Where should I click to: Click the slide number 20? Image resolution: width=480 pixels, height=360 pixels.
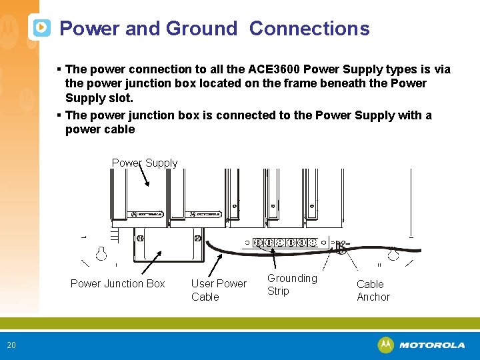point(11,345)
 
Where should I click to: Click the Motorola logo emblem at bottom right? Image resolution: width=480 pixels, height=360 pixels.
point(385,345)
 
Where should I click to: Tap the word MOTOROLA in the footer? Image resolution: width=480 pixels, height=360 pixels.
point(432,345)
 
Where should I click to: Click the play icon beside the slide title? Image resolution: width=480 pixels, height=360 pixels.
point(41,28)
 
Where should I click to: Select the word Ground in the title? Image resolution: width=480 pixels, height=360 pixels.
point(201,29)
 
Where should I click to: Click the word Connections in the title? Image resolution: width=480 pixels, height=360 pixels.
point(309,29)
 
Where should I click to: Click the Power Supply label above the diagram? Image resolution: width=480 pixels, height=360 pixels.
point(145,163)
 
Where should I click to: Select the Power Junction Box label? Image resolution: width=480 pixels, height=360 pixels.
point(117,283)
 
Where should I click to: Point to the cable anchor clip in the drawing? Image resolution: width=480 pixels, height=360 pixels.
point(341,247)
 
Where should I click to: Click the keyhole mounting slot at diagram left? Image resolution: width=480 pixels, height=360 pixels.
point(101,253)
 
